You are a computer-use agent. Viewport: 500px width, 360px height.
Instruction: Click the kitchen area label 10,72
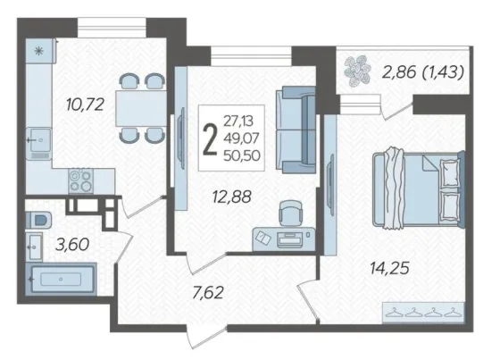coord(85,105)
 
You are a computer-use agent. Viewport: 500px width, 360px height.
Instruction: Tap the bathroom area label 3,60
coord(72,245)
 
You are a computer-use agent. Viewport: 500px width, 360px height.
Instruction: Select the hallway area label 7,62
coord(208,293)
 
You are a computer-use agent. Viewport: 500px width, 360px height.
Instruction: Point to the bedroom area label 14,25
coord(389,268)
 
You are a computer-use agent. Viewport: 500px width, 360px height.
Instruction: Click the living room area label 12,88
coord(232,197)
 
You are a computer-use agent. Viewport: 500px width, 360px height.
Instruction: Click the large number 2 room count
coord(210,139)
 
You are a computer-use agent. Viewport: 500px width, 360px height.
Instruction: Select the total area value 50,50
coord(242,155)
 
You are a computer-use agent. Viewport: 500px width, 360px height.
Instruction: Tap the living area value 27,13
coord(238,121)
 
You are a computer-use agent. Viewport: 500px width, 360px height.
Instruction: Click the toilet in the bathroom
coord(38,220)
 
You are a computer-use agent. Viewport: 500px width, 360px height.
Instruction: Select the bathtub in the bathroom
coord(61,280)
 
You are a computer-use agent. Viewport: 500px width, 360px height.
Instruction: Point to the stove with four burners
coord(81,181)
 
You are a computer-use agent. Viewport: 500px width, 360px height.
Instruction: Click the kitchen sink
coord(38,140)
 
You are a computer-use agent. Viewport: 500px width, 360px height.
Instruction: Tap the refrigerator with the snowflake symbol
coord(39,51)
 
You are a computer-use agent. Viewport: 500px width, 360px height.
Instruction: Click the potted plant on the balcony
coord(357,71)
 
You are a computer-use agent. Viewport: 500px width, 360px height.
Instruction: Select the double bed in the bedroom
coord(419,190)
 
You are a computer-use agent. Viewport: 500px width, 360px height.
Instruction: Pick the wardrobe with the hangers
coord(423,312)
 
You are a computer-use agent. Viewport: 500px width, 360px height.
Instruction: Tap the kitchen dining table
coord(141,108)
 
